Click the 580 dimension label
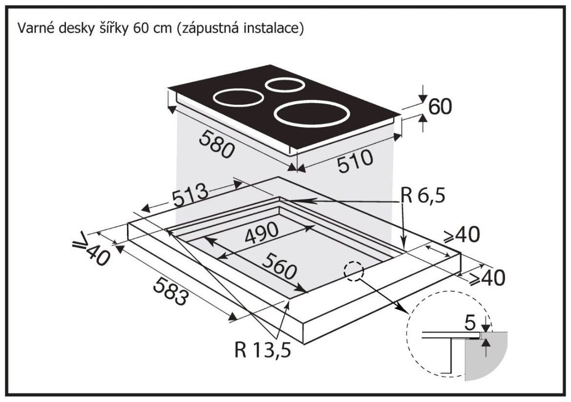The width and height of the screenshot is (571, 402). [x=216, y=145]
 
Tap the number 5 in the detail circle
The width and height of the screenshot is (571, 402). [x=470, y=323]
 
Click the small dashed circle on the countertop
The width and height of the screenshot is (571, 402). [x=354, y=272]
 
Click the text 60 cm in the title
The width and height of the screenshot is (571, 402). [x=149, y=28]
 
